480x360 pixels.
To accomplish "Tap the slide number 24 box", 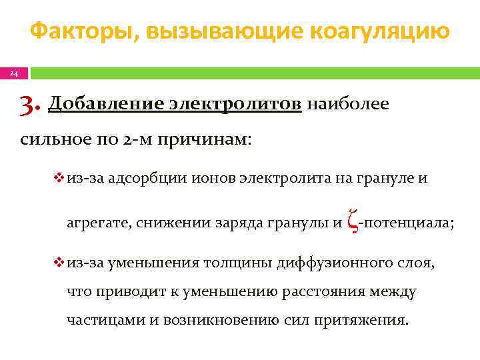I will (13, 73).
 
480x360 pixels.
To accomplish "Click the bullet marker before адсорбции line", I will (58, 179).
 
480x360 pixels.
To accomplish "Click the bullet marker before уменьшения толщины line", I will (58, 263).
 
